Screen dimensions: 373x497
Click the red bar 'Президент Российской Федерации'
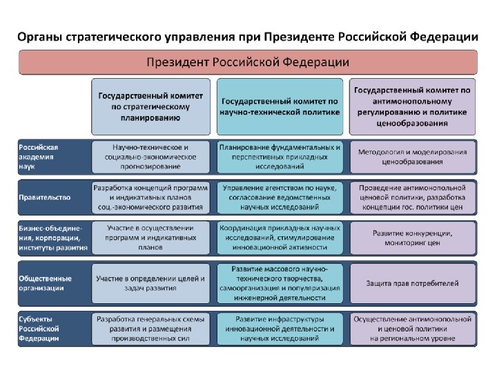[x=248, y=63]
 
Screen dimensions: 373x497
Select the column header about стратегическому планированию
[x=150, y=106]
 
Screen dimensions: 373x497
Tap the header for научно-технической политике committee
[x=279, y=106]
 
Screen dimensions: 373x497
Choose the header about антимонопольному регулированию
[x=412, y=106]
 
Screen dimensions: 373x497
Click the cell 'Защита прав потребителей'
[x=412, y=283]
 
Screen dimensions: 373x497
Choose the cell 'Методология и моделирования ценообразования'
[x=412, y=157]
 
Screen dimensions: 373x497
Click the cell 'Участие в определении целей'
[x=150, y=283]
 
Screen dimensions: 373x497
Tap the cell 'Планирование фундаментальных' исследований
[x=279, y=157]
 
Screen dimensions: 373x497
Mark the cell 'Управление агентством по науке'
[x=279, y=197]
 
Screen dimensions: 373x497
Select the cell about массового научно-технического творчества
[x=279, y=283]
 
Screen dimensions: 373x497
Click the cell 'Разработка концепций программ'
[x=150, y=197]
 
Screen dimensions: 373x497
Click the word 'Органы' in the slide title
[x=40, y=37]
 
